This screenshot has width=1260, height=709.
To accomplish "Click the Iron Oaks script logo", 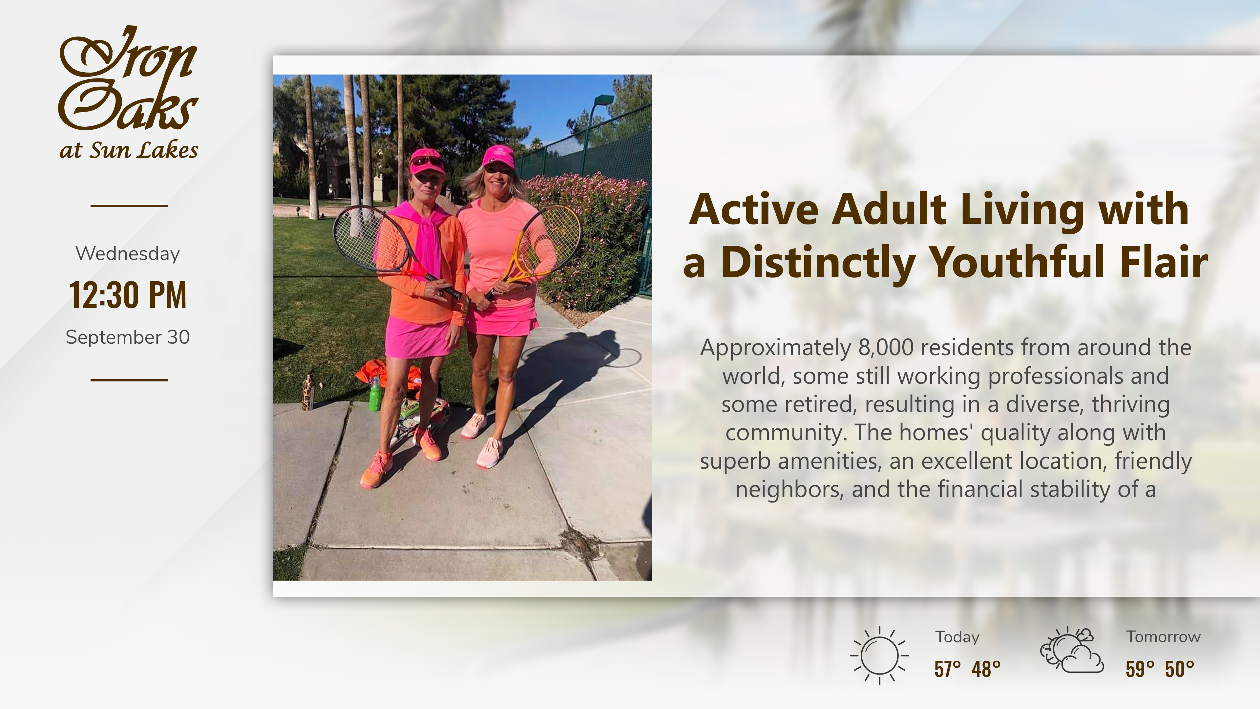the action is click(129, 78).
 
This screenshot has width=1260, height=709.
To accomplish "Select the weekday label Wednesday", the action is click(128, 253).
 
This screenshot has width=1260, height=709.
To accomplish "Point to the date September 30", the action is click(128, 337).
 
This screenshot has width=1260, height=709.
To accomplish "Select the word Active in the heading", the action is click(754, 209).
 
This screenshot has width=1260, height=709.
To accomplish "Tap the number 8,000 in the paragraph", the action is click(886, 348).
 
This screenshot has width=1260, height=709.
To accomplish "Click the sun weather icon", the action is click(879, 655).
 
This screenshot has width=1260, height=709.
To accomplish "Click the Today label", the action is click(957, 637).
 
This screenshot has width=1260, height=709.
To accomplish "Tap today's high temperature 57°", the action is click(947, 669).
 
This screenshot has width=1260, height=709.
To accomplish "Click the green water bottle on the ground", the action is click(375, 394).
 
